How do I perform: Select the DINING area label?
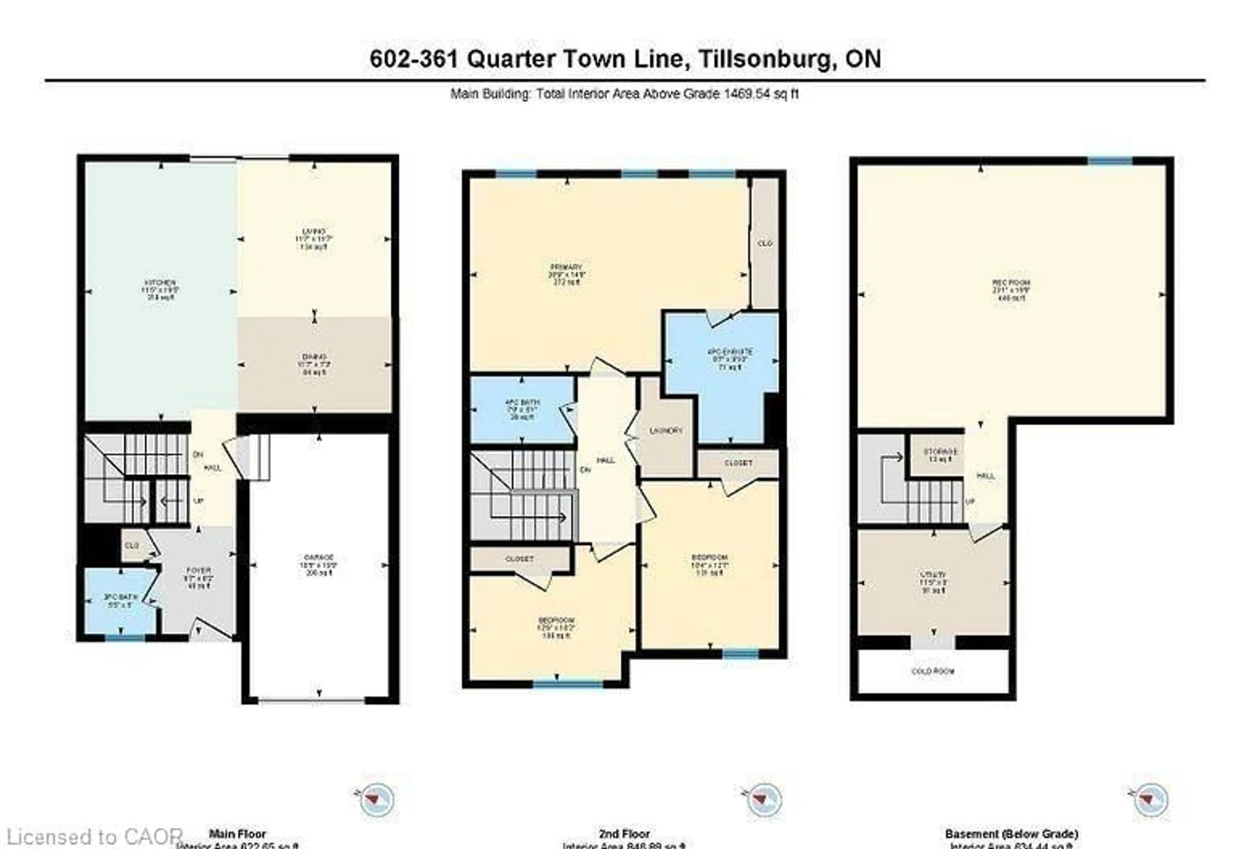(314, 357)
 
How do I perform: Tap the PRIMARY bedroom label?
(566, 267)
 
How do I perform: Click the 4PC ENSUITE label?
(721, 352)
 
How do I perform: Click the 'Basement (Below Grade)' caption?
(1011, 834)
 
